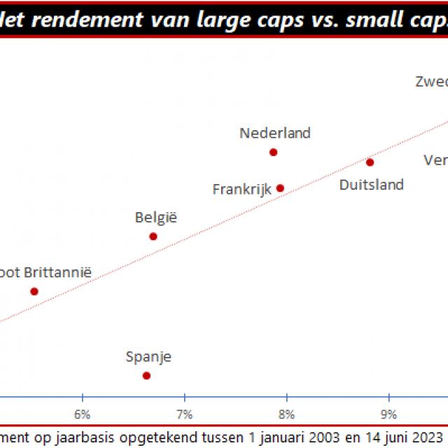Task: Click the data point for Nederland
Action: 274,152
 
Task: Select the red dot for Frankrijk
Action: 280,188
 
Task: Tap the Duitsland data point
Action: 370,162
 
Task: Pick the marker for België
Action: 153,237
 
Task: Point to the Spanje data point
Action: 146,375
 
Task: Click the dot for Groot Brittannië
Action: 34,291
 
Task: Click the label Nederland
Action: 275,133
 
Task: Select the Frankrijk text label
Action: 242,189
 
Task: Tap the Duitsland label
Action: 372,185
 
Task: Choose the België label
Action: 156,218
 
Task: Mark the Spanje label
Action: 148,357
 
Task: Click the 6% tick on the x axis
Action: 83,414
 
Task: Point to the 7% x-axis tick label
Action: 184,414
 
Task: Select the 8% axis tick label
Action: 286,414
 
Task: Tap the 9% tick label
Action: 388,414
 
